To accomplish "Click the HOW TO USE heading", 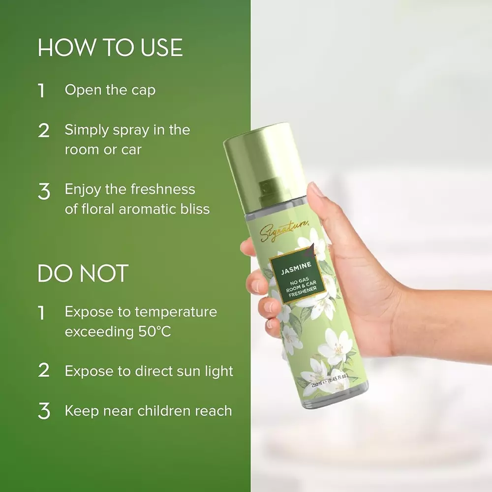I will pyautogui.click(x=110, y=48).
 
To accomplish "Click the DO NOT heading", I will pyautogui.click(x=83, y=274).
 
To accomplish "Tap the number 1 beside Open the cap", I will pyautogui.click(x=42, y=91).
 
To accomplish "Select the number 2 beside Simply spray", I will pyautogui.click(x=44, y=131).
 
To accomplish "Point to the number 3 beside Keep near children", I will pyautogui.click(x=44, y=411).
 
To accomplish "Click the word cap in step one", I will pyautogui.click(x=143, y=91).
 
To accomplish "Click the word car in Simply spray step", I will pyautogui.click(x=131, y=150).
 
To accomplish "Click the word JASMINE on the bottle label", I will pyautogui.click(x=295, y=271).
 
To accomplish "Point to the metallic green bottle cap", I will pyautogui.click(x=264, y=162).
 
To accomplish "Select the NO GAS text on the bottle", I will pyautogui.click(x=297, y=281).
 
